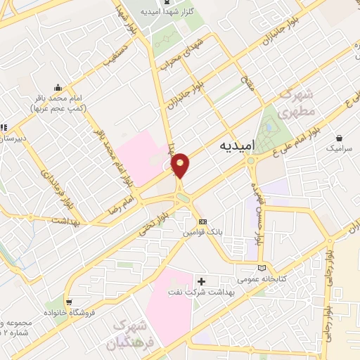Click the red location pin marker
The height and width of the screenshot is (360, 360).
tap(180, 165)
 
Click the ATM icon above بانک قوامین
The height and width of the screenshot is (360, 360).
tap(202, 221)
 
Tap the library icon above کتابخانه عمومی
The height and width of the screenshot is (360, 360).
tap(263, 268)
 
